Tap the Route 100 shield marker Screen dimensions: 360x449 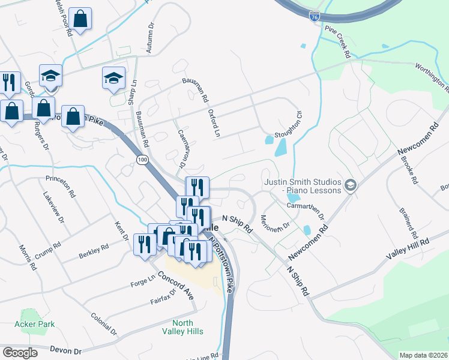click(x=142, y=160)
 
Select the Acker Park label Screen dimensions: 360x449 click(x=38, y=324)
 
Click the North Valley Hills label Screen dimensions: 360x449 click(x=182, y=327)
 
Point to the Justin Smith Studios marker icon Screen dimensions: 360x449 click(x=351, y=185)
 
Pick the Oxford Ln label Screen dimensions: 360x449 click(x=214, y=123)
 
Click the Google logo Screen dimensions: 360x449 click(x=20, y=353)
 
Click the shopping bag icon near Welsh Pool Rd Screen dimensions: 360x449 click(x=80, y=19)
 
